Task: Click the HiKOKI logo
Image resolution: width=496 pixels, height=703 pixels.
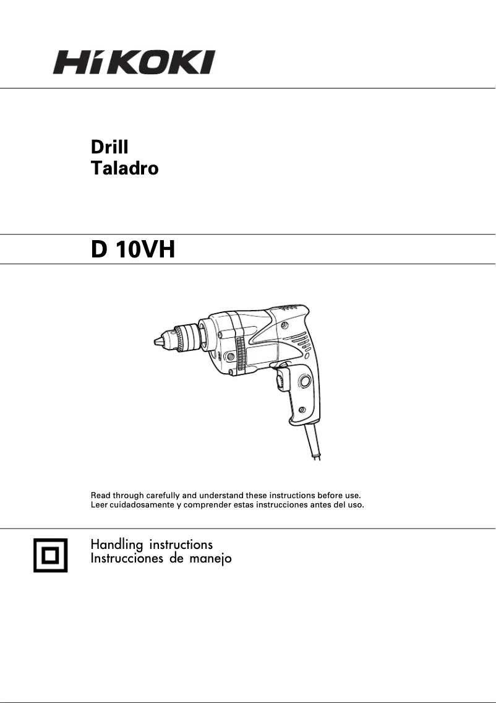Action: click(133, 63)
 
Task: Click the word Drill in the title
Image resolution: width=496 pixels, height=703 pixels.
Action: click(109, 147)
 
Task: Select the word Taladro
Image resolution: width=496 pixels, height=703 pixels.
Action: click(124, 168)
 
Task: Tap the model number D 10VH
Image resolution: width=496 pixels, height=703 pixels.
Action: click(133, 249)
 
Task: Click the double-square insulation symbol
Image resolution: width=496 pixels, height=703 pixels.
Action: click(50, 554)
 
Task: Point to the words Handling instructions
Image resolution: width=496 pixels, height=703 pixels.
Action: click(152, 545)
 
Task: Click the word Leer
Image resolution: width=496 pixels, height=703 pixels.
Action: click(99, 505)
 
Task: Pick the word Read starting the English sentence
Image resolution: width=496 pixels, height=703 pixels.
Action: click(101, 496)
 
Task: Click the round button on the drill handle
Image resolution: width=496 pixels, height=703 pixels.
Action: click(304, 382)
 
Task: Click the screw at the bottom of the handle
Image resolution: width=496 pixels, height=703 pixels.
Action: click(302, 410)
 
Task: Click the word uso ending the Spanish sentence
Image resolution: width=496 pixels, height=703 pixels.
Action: click(356, 505)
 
